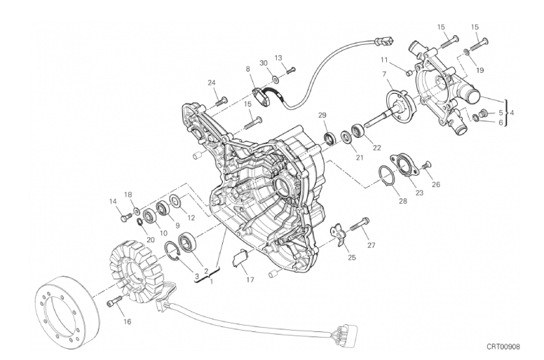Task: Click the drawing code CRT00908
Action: pyautogui.click(x=503, y=347)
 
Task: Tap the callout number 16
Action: pyautogui.click(x=128, y=322)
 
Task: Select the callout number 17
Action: pyautogui.click(x=250, y=279)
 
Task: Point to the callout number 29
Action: pyautogui.click(x=322, y=115)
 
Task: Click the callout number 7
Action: pyautogui.click(x=384, y=74)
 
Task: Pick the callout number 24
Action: pyautogui.click(x=212, y=83)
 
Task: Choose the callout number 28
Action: pyautogui.click(x=402, y=200)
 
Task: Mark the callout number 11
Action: pyautogui.click(x=383, y=60)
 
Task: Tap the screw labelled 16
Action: pyautogui.click(x=114, y=300)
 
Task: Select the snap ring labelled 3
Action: pyautogui.click(x=172, y=250)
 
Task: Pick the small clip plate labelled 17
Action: pyautogui.click(x=240, y=258)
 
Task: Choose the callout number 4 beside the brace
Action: pyautogui.click(x=512, y=113)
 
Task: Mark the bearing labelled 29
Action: pyautogui.click(x=330, y=138)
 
